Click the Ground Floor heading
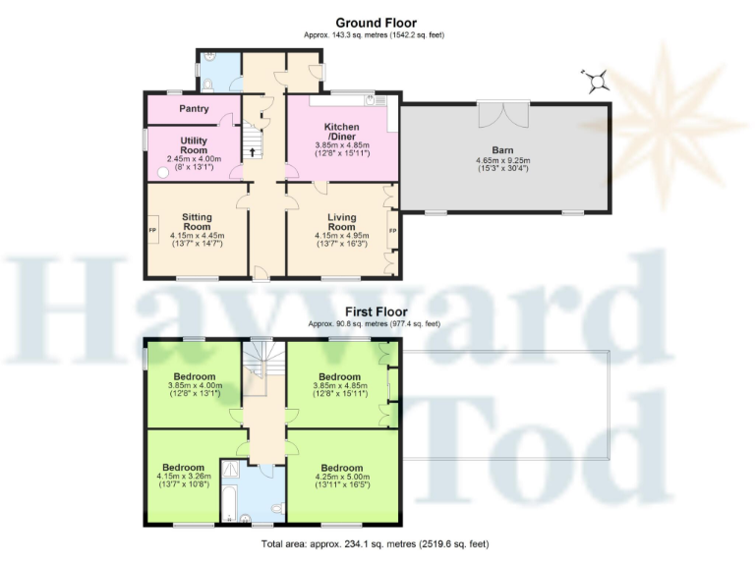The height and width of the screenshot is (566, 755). point(376,23)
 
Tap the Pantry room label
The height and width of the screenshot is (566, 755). point(194,109)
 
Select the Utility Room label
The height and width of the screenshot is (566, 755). point(194,145)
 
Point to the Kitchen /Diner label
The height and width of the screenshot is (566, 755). point(341,132)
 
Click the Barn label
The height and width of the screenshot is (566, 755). point(502,150)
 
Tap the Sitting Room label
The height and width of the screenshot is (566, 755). point(197,222)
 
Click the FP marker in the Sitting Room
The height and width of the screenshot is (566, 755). point(152,231)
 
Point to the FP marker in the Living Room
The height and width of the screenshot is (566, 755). point(392,231)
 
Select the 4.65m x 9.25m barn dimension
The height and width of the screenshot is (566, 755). point(502,160)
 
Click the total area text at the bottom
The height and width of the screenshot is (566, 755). point(374,543)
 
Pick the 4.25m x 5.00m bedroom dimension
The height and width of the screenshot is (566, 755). point(341,478)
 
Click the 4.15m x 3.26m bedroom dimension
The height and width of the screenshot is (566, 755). point(183,478)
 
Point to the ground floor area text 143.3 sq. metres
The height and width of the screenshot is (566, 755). point(374,35)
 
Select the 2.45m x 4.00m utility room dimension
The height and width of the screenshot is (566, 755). point(194,159)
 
